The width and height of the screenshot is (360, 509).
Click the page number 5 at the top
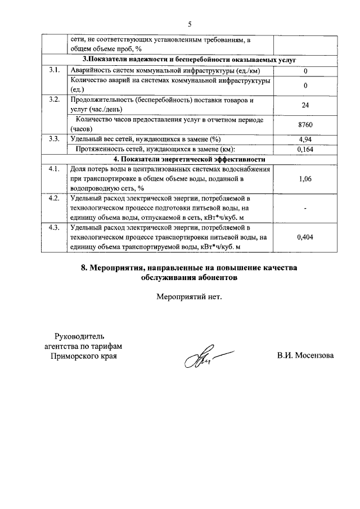coord(190,24)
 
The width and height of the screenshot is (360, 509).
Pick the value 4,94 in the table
coord(305,139)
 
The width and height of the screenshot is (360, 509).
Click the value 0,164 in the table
coord(305,149)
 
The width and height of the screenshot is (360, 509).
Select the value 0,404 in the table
coord(305,237)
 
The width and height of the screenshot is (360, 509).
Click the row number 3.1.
coord(54,70)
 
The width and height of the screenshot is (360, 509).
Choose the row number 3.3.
coord(54,139)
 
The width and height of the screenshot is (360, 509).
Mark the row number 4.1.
coord(54,169)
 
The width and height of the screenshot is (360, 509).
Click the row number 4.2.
coord(54,199)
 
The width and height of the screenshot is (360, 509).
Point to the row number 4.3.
coord(54,228)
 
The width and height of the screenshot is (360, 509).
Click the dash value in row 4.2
coord(305,209)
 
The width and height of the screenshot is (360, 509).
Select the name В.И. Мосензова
coord(305,356)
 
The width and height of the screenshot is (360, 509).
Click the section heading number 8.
coord(84,267)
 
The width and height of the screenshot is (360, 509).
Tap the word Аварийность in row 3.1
coord(91,71)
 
